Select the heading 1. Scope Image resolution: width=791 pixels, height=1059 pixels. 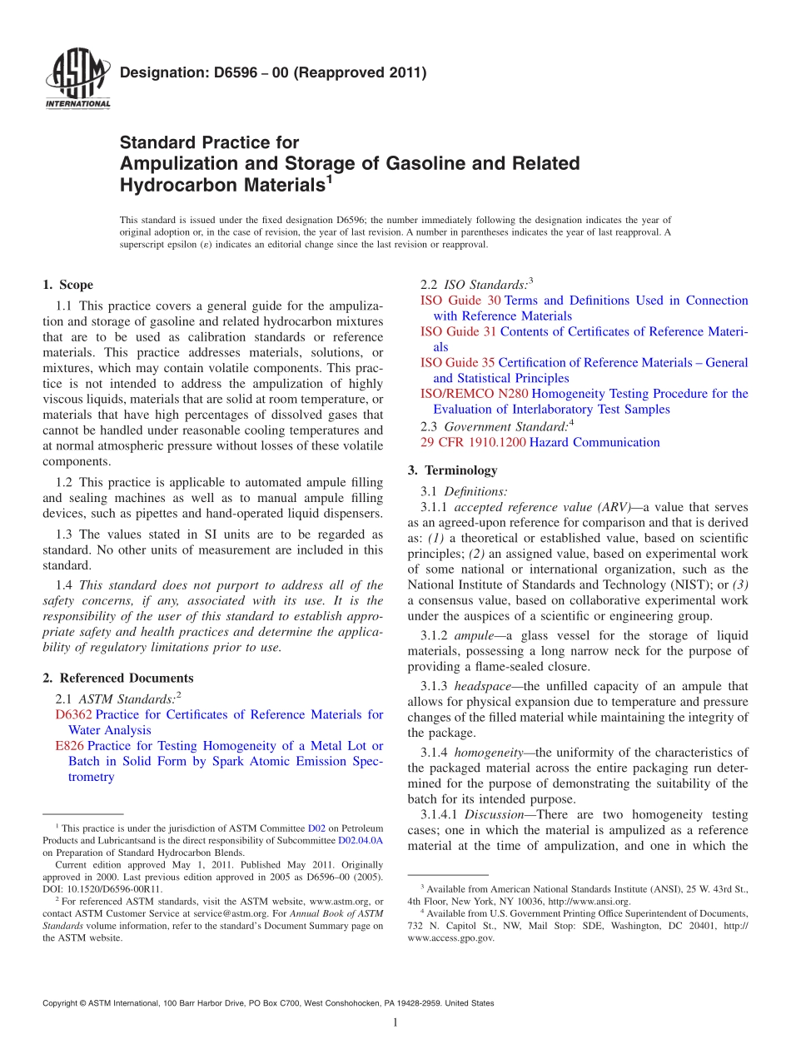(67, 285)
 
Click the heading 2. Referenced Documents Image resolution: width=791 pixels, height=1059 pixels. (117, 678)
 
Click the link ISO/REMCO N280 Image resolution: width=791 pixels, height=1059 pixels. (474, 394)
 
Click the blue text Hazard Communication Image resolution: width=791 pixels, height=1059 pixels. (594, 442)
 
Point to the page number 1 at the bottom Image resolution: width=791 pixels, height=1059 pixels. (395, 1023)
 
